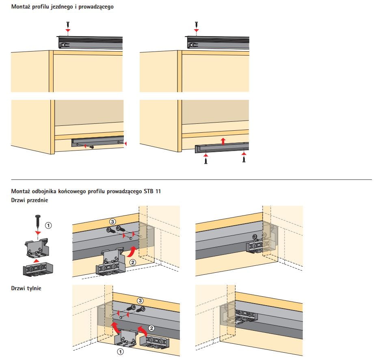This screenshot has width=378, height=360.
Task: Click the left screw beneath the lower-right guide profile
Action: coord(206,161)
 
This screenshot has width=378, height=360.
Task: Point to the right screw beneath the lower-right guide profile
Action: coord(244,160)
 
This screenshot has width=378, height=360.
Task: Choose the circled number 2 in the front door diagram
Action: coord(132,262)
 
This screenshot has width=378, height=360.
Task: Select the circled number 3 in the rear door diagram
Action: coord(140,301)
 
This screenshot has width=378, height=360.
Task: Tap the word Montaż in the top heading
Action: coord(21,7)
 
